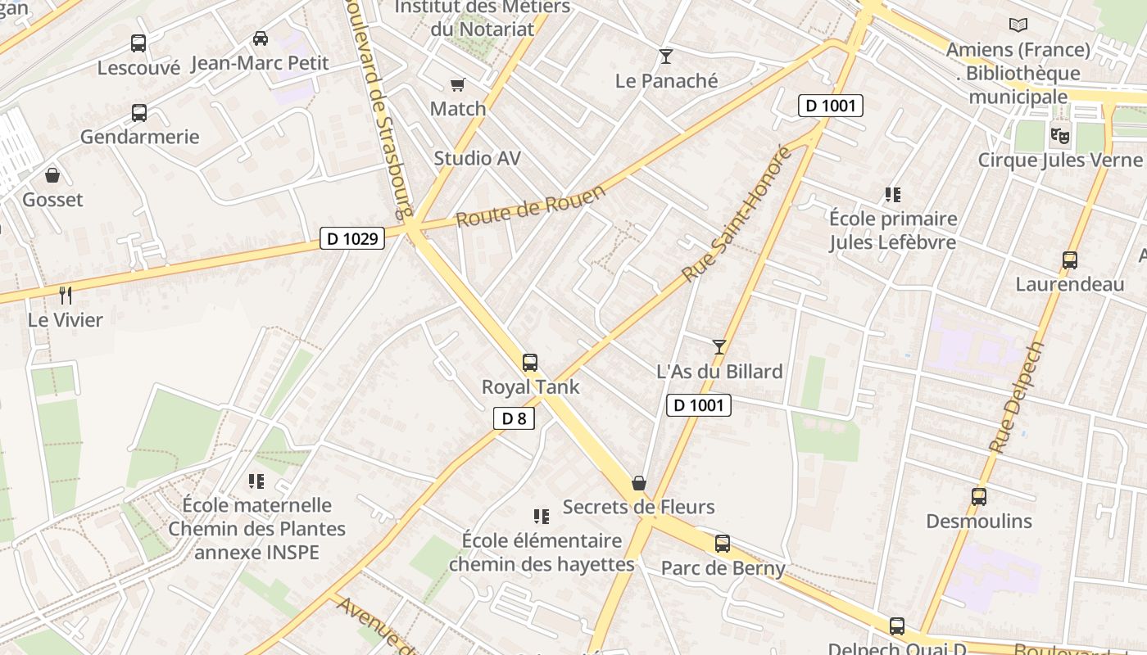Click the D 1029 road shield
(x=352, y=238)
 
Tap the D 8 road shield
(x=514, y=418)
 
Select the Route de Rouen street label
(x=530, y=206)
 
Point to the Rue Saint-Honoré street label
(x=737, y=214)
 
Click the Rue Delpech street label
(x=1017, y=397)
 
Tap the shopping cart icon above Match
(x=458, y=85)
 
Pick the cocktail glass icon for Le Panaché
(x=665, y=56)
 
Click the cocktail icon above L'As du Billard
(x=719, y=347)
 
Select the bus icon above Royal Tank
(x=530, y=362)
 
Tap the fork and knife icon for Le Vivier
(x=66, y=295)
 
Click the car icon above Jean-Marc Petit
(x=261, y=38)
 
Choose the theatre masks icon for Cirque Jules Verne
(x=1059, y=134)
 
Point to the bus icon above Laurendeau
(x=1069, y=260)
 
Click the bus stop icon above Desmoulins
(x=978, y=496)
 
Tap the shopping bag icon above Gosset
(x=52, y=175)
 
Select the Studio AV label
(x=477, y=158)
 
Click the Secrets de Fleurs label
(x=638, y=507)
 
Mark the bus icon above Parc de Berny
(x=722, y=543)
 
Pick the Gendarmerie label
(x=139, y=136)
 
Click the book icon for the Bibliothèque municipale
(x=1018, y=25)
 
